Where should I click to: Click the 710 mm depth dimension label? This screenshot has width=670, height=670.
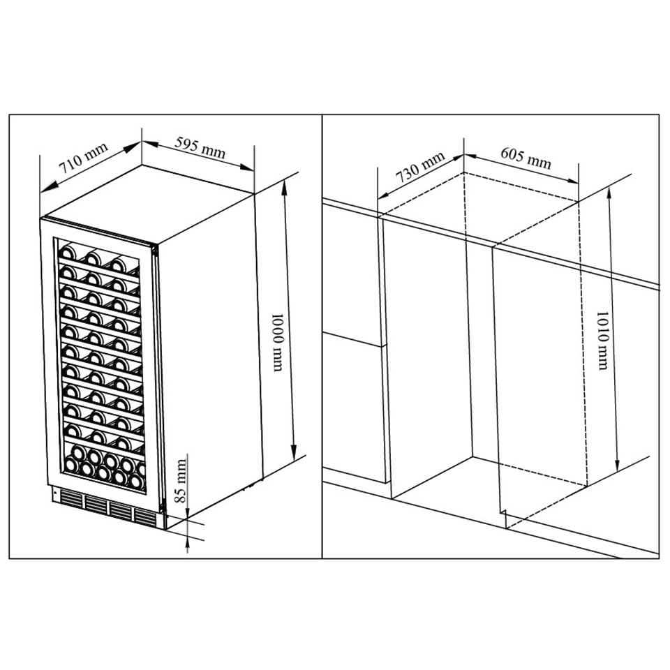(83, 158)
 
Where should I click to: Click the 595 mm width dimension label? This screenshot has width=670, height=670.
(200, 148)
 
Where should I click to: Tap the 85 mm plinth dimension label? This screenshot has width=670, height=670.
(181, 481)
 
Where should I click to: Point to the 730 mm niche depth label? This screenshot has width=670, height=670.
(420, 167)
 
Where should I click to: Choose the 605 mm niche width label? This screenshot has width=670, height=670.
(526, 158)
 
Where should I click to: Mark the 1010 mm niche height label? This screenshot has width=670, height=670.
(602, 340)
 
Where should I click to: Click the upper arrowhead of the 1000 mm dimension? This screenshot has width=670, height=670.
(284, 186)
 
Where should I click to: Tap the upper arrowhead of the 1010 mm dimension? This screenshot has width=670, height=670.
(609, 193)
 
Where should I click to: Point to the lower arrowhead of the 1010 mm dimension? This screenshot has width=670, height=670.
(617, 463)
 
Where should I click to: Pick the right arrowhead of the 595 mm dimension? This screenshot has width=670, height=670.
(247, 167)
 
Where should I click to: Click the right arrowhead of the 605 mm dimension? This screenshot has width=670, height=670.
(572, 180)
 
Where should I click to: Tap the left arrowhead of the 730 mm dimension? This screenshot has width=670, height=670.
(385, 195)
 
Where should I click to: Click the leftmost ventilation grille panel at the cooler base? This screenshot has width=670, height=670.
(72, 499)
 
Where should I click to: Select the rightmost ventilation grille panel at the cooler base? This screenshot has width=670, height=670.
(146, 517)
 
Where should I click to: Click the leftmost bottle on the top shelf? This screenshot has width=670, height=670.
(67, 253)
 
